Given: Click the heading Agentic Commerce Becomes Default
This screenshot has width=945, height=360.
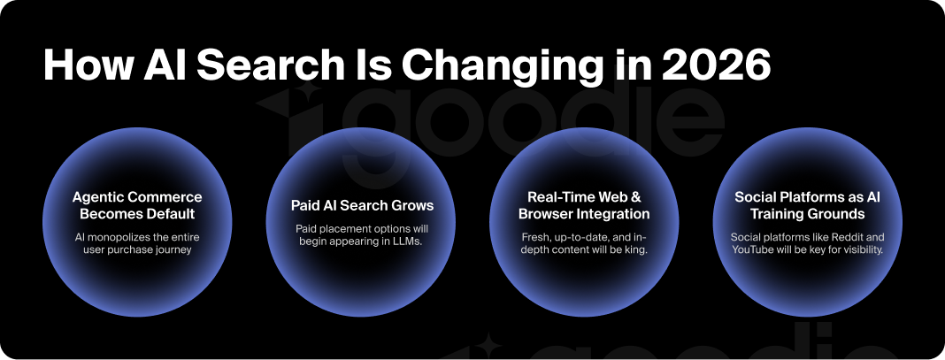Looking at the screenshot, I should click(137, 205).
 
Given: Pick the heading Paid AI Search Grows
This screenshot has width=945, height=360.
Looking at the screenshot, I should click(363, 205).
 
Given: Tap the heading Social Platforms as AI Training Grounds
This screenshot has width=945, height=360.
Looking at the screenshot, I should click(807, 205).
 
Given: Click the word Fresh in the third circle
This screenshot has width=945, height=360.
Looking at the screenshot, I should click(536, 237).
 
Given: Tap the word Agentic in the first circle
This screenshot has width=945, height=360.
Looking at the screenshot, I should click(97, 196).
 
